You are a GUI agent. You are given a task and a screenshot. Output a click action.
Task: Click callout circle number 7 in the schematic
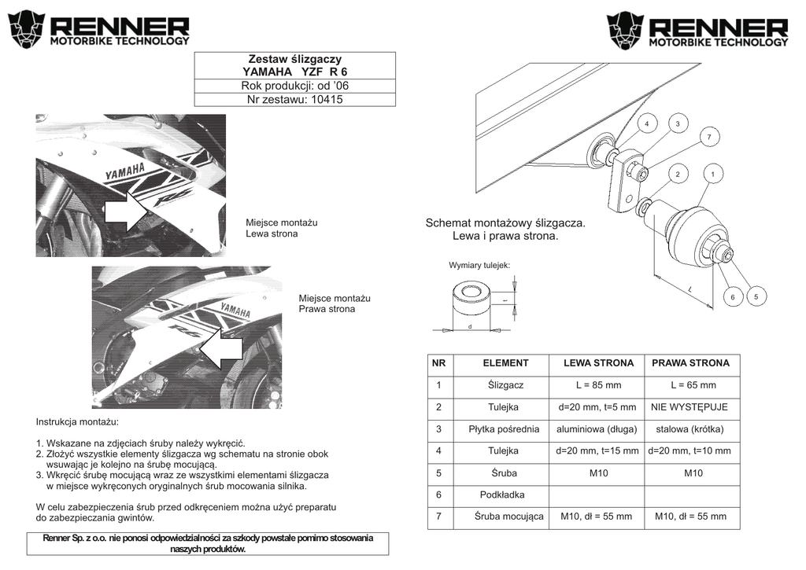(x=708, y=138)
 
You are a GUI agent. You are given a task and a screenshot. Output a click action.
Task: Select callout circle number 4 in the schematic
(x=646, y=124)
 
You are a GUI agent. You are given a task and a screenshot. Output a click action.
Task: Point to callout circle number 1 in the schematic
(x=712, y=173)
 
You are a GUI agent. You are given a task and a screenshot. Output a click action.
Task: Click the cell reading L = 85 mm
(x=598, y=385)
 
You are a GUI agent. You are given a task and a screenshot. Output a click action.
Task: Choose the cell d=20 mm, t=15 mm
(x=598, y=451)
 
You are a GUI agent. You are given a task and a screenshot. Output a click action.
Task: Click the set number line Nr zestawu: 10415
(x=294, y=100)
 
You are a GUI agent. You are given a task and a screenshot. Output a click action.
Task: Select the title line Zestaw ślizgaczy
(x=294, y=59)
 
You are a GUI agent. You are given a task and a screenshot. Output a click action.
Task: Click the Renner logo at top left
(x=98, y=30)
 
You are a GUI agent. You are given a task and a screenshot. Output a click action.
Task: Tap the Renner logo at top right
(x=697, y=30)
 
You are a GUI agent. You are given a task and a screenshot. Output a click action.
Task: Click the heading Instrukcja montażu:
(x=77, y=422)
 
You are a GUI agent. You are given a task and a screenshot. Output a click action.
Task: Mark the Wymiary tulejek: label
(x=479, y=266)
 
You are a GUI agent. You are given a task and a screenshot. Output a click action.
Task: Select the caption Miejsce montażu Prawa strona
(x=334, y=303)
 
